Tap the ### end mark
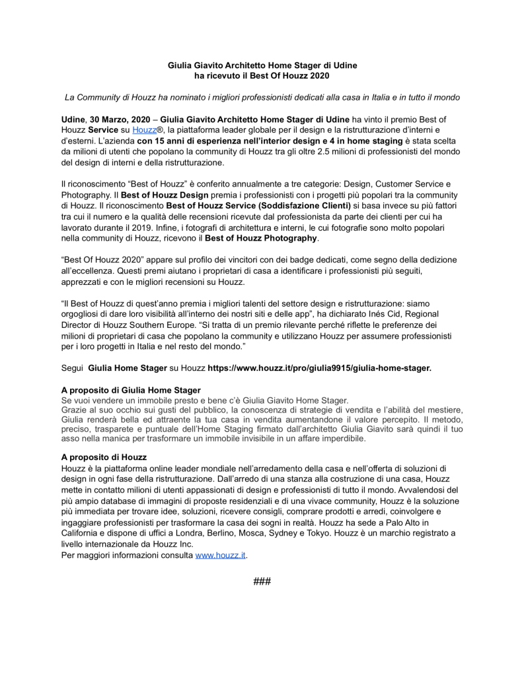click(262, 581)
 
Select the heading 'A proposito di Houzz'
click(104, 458)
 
